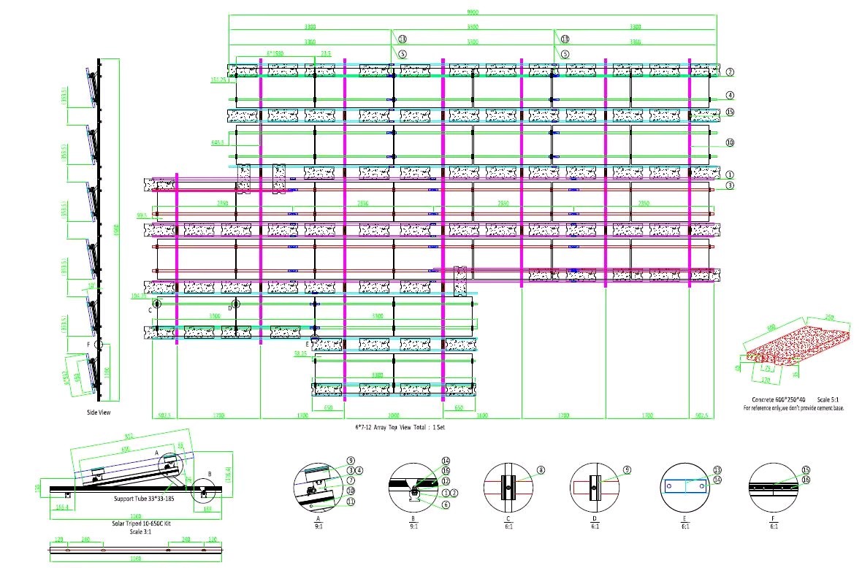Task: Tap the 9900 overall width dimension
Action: point(473,12)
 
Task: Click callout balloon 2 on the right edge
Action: point(729,72)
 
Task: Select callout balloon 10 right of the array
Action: point(729,142)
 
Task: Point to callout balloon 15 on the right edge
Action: point(729,112)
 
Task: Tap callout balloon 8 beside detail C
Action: point(541,470)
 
